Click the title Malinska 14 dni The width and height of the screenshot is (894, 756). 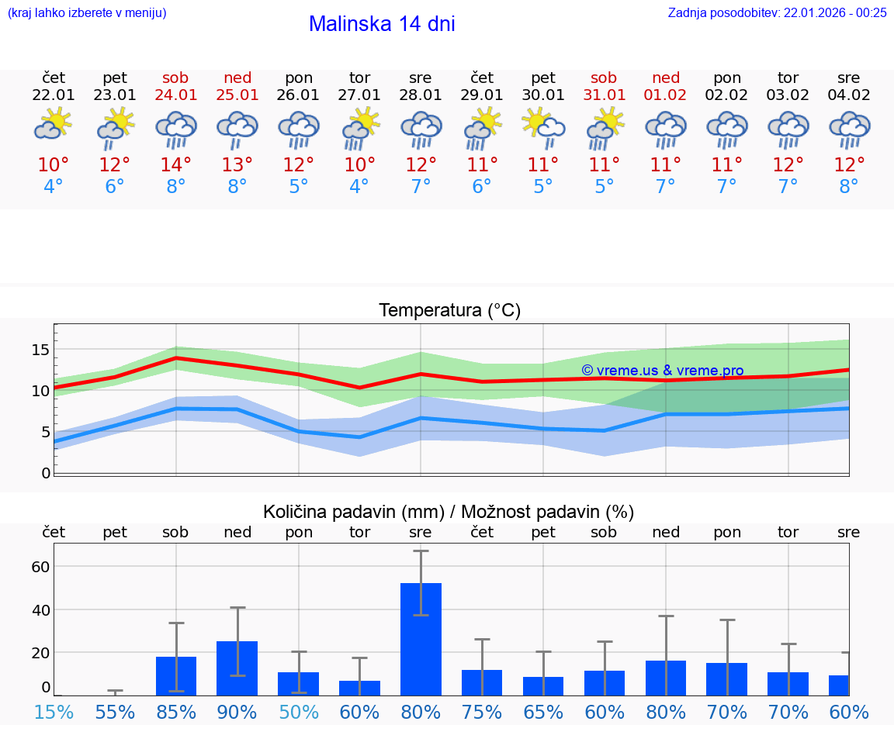click(382, 24)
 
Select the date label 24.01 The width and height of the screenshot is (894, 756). click(176, 95)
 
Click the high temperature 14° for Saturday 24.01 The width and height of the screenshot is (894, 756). click(176, 165)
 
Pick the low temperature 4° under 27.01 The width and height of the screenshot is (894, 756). click(359, 187)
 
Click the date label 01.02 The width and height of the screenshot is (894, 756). click(665, 95)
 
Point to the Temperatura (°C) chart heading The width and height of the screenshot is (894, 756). click(449, 310)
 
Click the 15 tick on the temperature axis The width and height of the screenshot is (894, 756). click(40, 350)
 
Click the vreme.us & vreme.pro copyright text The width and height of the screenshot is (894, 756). click(663, 371)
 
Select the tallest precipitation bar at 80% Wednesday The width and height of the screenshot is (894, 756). click(421, 639)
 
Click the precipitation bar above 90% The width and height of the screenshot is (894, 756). click(237, 668)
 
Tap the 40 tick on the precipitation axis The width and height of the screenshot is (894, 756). click(40, 609)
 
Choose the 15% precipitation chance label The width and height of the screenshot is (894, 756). click(54, 712)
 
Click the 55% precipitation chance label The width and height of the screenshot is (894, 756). click(115, 712)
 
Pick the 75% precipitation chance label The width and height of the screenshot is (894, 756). click(482, 712)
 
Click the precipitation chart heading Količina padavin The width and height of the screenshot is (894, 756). click(449, 512)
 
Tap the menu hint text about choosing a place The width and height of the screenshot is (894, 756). click(87, 12)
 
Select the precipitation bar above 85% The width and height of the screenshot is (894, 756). click(176, 675)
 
